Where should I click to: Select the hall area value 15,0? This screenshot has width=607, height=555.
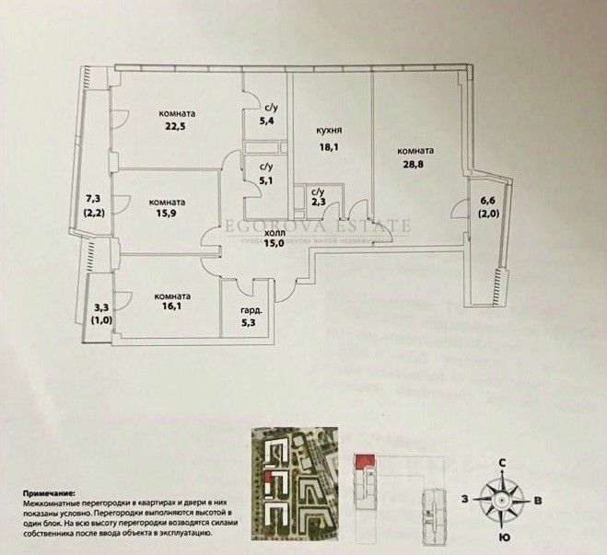(x=274, y=245)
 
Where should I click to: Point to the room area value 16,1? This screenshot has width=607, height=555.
(x=173, y=310)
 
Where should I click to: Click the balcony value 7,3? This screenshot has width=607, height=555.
(x=92, y=198)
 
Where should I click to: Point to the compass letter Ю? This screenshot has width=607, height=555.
(x=502, y=536)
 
